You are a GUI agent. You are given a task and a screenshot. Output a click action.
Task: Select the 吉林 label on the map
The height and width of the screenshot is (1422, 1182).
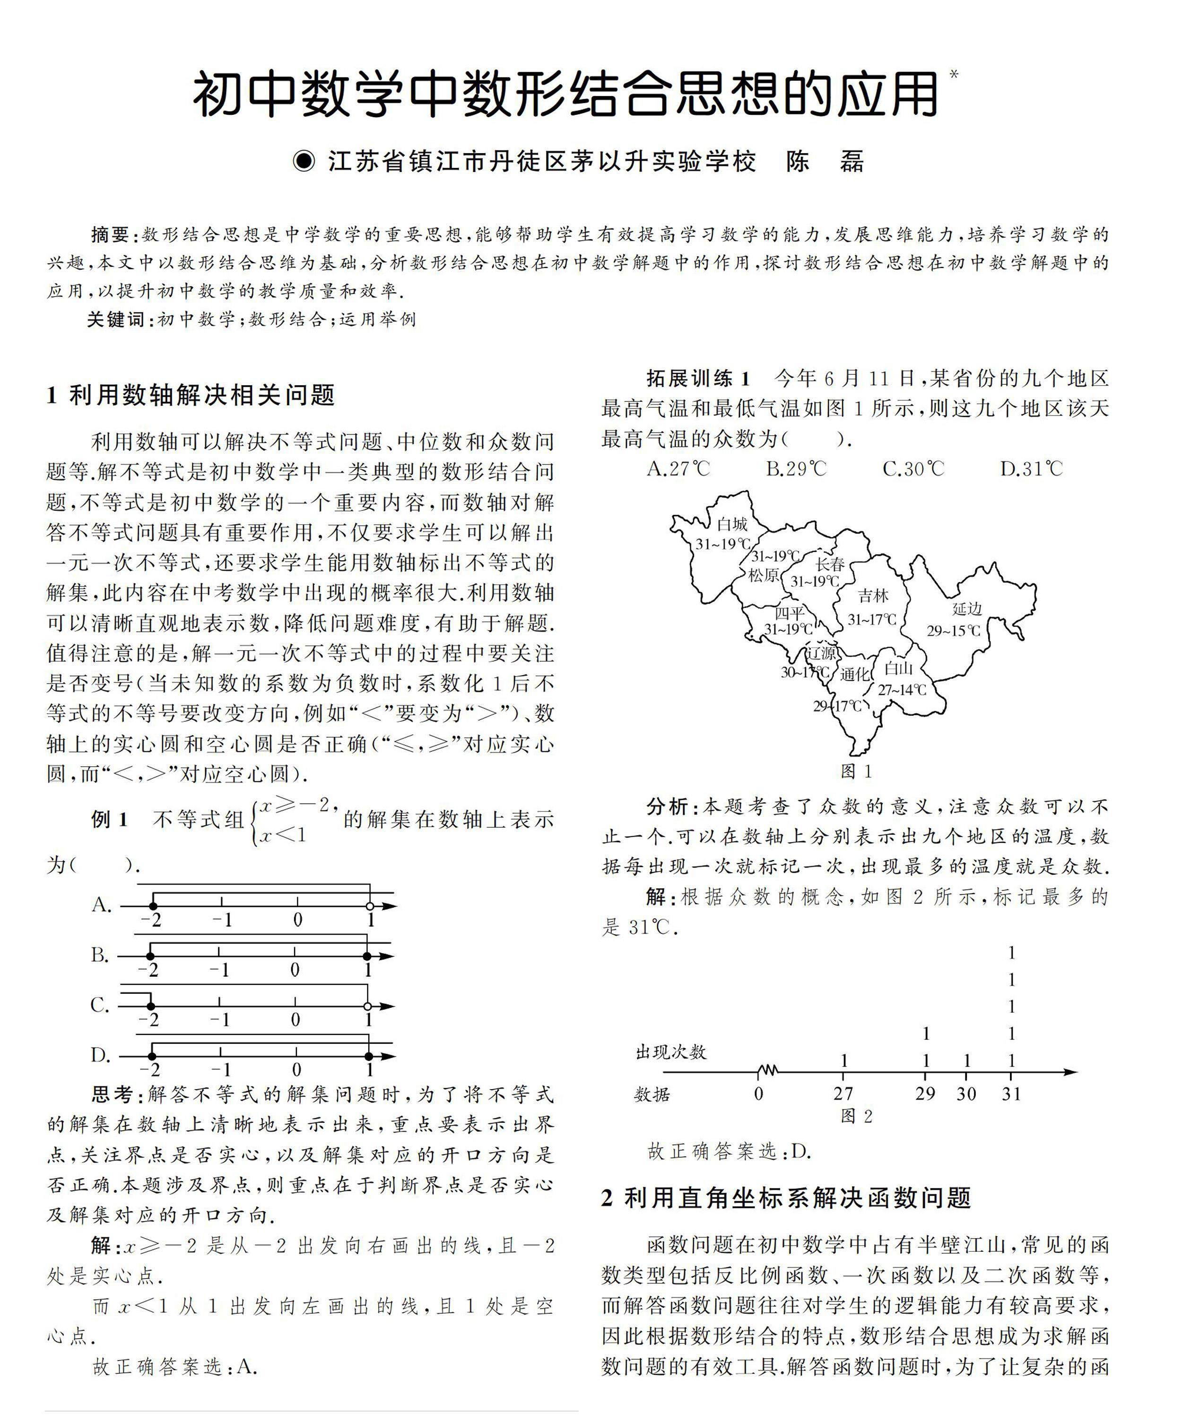pos(873,596)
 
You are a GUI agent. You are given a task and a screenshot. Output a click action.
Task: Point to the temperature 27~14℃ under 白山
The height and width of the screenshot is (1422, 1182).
pos(902,690)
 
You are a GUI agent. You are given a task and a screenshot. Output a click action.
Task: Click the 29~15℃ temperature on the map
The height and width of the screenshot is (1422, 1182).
pos(954,631)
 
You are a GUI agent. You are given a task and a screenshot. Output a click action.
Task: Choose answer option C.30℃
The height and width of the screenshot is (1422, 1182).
pos(913,468)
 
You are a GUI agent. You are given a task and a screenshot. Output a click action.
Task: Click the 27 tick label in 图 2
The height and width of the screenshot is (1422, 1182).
pos(843,1093)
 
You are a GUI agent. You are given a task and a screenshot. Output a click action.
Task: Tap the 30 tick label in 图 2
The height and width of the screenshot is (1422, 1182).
pos(966,1093)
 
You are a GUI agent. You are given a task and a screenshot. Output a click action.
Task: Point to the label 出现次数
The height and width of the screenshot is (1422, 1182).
pos(670,1051)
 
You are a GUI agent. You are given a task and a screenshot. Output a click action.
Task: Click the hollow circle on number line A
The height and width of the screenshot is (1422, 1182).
pos(369,906)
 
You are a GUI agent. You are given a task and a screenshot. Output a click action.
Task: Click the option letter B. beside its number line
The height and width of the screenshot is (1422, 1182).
pos(100,955)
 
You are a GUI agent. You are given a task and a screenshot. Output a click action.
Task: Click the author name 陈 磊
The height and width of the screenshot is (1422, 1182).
pos(825,162)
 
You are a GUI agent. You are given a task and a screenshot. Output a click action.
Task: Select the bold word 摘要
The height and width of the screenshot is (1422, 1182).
pos(110,235)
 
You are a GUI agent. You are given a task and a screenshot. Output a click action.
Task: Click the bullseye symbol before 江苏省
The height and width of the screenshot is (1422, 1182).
pos(304,162)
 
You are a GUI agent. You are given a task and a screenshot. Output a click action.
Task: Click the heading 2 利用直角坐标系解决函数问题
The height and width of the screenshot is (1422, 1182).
pos(786,1198)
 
